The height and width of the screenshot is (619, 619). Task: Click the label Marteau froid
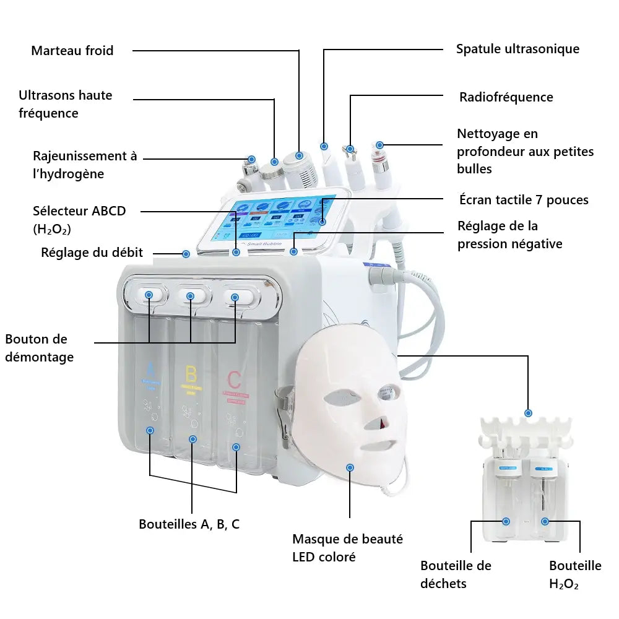pyautogui.click(x=72, y=51)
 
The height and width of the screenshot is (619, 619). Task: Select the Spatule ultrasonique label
pyautogui.click(x=517, y=49)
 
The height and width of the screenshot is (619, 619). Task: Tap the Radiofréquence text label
pyautogui.click(x=506, y=97)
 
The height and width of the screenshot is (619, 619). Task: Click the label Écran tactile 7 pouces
pyautogui.click(x=524, y=199)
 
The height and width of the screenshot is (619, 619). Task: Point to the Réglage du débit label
pyautogui.click(x=92, y=252)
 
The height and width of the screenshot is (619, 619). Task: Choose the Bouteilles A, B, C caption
pyautogui.click(x=189, y=524)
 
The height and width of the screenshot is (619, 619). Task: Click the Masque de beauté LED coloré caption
pyautogui.click(x=347, y=548)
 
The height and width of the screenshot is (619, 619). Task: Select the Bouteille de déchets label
pyautogui.click(x=456, y=574)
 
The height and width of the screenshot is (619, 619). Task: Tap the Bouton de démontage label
pyautogui.click(x=39, y=348)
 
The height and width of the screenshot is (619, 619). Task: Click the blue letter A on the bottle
pyautogui.click(x=150, y=370)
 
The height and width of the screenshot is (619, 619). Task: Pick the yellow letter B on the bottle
pyautogui.click(x=191, y=374)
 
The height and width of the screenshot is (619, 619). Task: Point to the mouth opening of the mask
pyautogui.click(x=378, y=445)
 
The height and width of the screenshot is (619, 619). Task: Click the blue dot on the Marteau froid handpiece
pyautogui.click(x=299, y=155)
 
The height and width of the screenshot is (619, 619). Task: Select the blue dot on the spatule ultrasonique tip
pyautogui.click(x=324, y=146)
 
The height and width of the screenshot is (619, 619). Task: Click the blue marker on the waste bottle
pyautogui.click(x=506, y=522)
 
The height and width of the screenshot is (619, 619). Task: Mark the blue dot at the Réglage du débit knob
pyautogui.click(x=186, y=253)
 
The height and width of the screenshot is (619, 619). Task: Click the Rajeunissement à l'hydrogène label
pyautogui.click(x=85, y=165)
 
